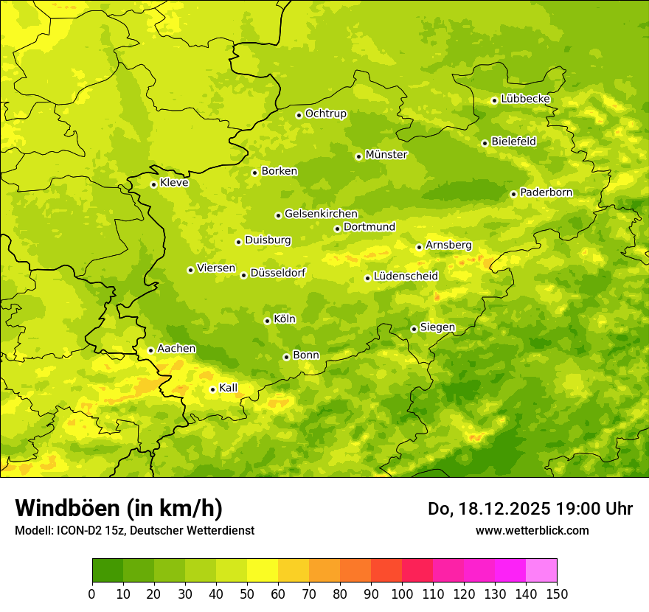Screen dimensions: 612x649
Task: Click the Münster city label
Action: tap(386, 155)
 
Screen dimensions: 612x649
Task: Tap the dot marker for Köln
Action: tap(267, 321)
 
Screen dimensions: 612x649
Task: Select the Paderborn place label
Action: tap(546, 192)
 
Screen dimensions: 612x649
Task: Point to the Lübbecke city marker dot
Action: tap(494, 100)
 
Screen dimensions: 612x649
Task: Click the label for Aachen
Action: tap(176, 349)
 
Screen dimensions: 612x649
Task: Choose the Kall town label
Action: tap(228, 388)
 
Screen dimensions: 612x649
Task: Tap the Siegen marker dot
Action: tap(414, 329)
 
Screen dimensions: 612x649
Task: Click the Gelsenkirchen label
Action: tap(321, 214)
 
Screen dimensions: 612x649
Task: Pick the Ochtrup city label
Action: tap(325, 114)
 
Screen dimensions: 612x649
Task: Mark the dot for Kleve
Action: tap(153, 184)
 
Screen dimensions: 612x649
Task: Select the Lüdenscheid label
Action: tap(406, 277)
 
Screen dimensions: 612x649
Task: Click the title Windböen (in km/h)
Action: tap(119, 508)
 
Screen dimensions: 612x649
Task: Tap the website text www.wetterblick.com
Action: tap(532, 530)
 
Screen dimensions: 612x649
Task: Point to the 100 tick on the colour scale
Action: tap(402, 594)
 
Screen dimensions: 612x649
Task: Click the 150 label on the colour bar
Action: tap(557, 594)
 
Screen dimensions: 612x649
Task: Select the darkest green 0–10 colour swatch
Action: tap(108, 571)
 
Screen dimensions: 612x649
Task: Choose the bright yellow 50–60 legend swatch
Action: tap(263, 571)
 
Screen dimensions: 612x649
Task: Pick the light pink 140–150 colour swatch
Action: tap(541, 571)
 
